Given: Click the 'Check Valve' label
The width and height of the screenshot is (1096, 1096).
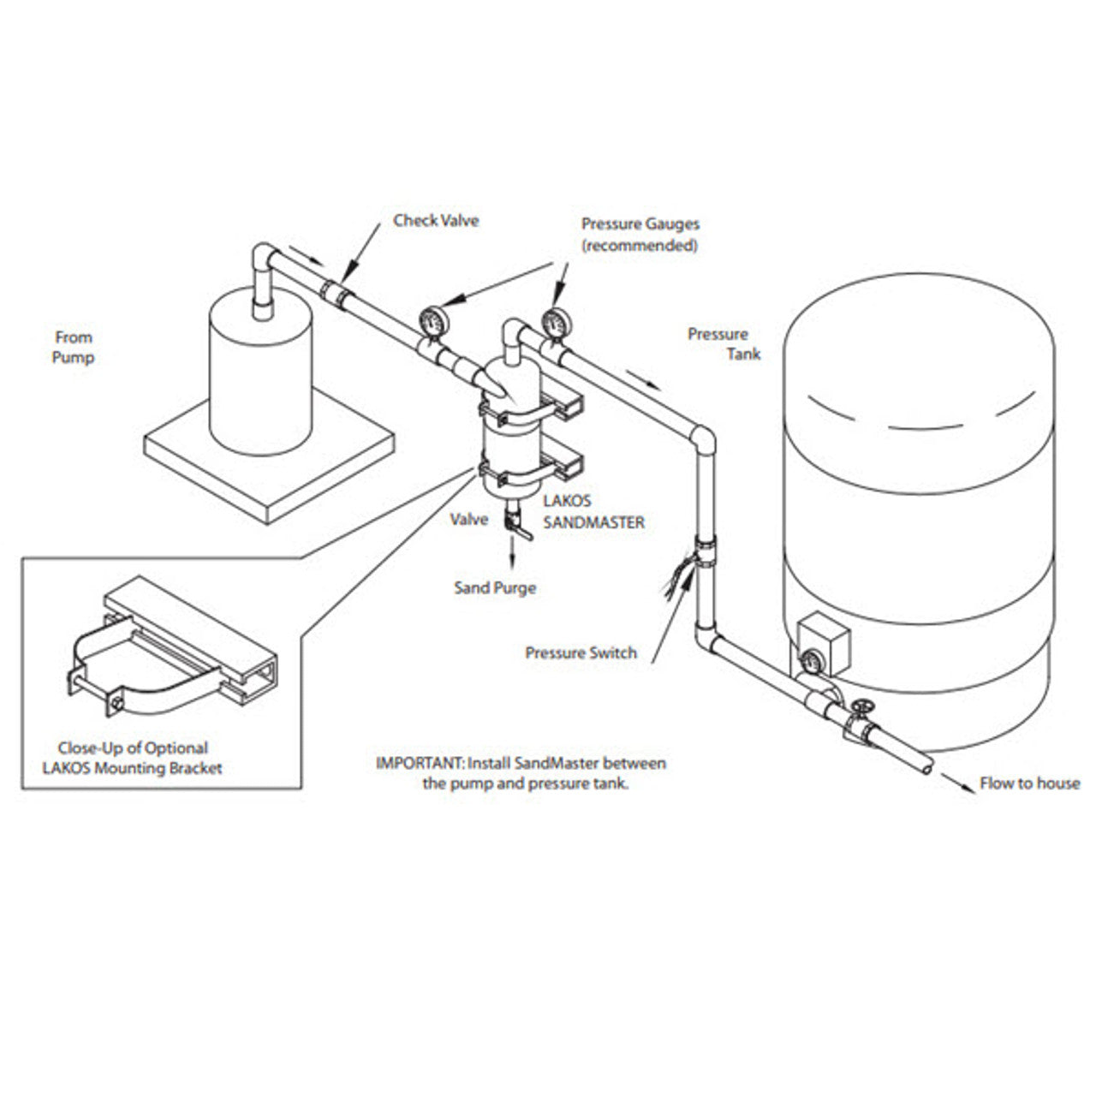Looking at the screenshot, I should (436, 220).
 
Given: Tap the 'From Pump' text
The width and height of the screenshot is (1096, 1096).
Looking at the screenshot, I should (73, 347).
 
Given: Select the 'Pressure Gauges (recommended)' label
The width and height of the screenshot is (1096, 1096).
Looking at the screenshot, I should (640, 234).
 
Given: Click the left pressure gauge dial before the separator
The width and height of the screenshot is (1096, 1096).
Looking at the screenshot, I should (432, 321).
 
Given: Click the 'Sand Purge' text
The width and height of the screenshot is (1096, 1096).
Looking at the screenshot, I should (495, 588).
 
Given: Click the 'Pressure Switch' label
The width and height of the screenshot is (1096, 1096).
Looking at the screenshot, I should (581, 652).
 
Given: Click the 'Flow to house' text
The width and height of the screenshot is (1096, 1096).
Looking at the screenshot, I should (1030, 783).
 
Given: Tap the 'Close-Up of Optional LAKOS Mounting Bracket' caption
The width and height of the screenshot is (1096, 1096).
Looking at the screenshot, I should (132, 758).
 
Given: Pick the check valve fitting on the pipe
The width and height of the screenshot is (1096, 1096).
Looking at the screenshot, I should (337, 293).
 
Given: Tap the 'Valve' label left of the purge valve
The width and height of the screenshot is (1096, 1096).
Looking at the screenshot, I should (469, 519).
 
